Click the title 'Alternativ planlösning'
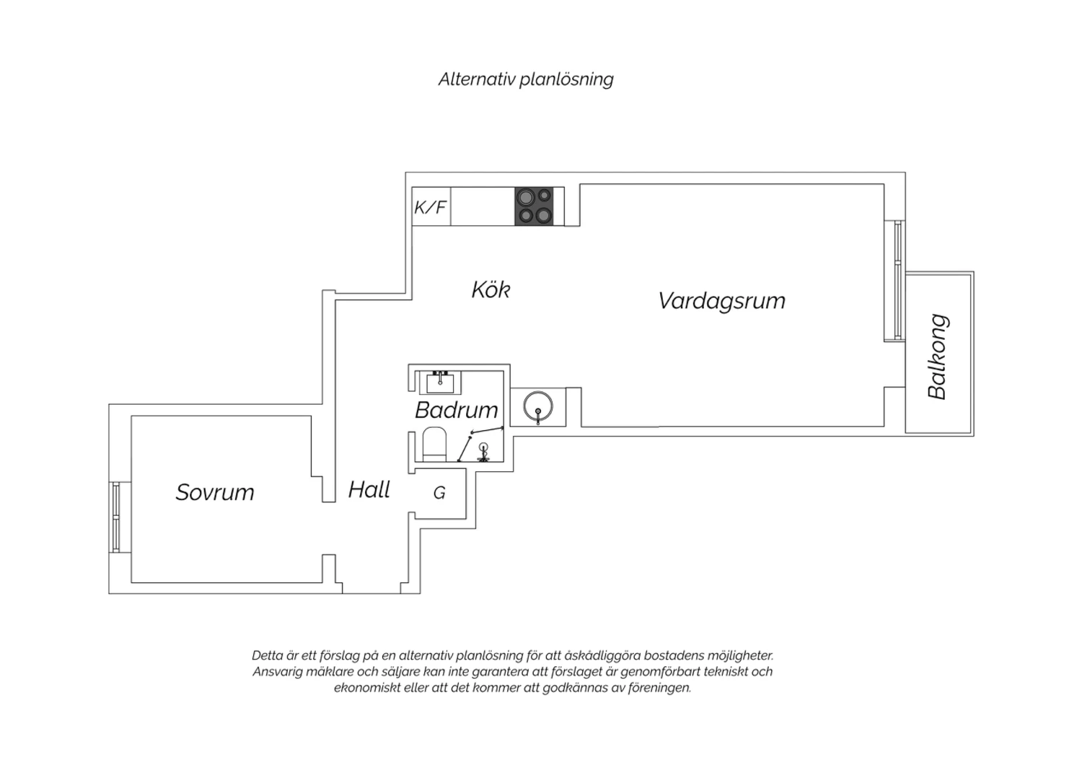(x=526, y=79)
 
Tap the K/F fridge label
(x=430, y=207)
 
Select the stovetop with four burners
(x=534, y=206)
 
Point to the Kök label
(x=491, y=290)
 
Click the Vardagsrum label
(x=721, y=301)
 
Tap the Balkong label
(x=938, y=357)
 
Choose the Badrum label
(x=457, y=411)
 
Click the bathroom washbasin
(x=440, y=382)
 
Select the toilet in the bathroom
(x=434, y=444)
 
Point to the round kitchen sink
(x=538, y=406)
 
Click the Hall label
(x=369, y=490)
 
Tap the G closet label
(x=439, y=493)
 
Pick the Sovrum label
(x=215, y=492)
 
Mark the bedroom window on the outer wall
(x=116, y=517)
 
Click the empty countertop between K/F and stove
(x=483, y=206)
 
